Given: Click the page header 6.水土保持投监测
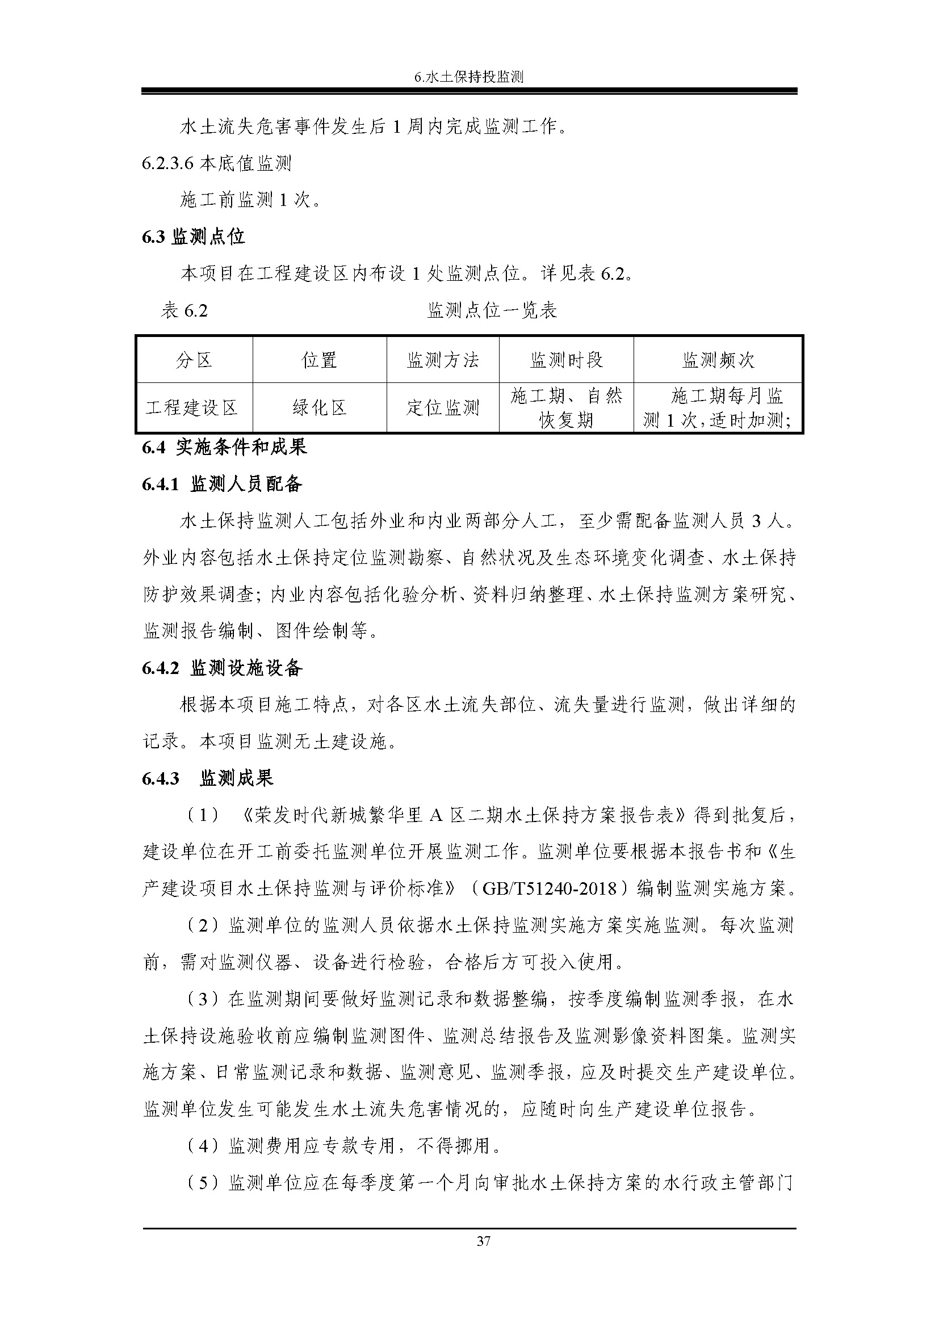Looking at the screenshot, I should [x=469, y=77].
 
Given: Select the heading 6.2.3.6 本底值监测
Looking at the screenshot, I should [x=217, y=163].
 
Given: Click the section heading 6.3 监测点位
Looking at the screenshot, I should [x=193, y=237].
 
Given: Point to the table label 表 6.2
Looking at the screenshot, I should [x=185, y=311].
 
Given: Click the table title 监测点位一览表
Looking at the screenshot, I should [x=492, y=311].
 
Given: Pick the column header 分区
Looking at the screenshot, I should [x=194, y=360].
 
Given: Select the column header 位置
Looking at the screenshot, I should [x=319, y=360].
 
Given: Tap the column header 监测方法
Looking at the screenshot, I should [x=443, y=360].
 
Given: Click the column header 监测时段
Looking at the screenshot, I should [x=566, y=360].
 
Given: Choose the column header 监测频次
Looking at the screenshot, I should [x=718, y=360].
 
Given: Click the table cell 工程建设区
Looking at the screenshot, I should [x=192, y=408].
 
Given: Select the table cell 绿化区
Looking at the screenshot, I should [x=319, y=408].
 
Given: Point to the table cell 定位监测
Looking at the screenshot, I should [x=443, y=408].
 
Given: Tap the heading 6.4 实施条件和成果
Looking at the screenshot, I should [x=224, y=447].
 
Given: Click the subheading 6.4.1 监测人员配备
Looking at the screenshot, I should [x=222, y=485].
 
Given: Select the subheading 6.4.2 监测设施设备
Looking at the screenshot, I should [x=222, y=669].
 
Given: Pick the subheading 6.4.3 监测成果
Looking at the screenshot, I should [x=208, y=778].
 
